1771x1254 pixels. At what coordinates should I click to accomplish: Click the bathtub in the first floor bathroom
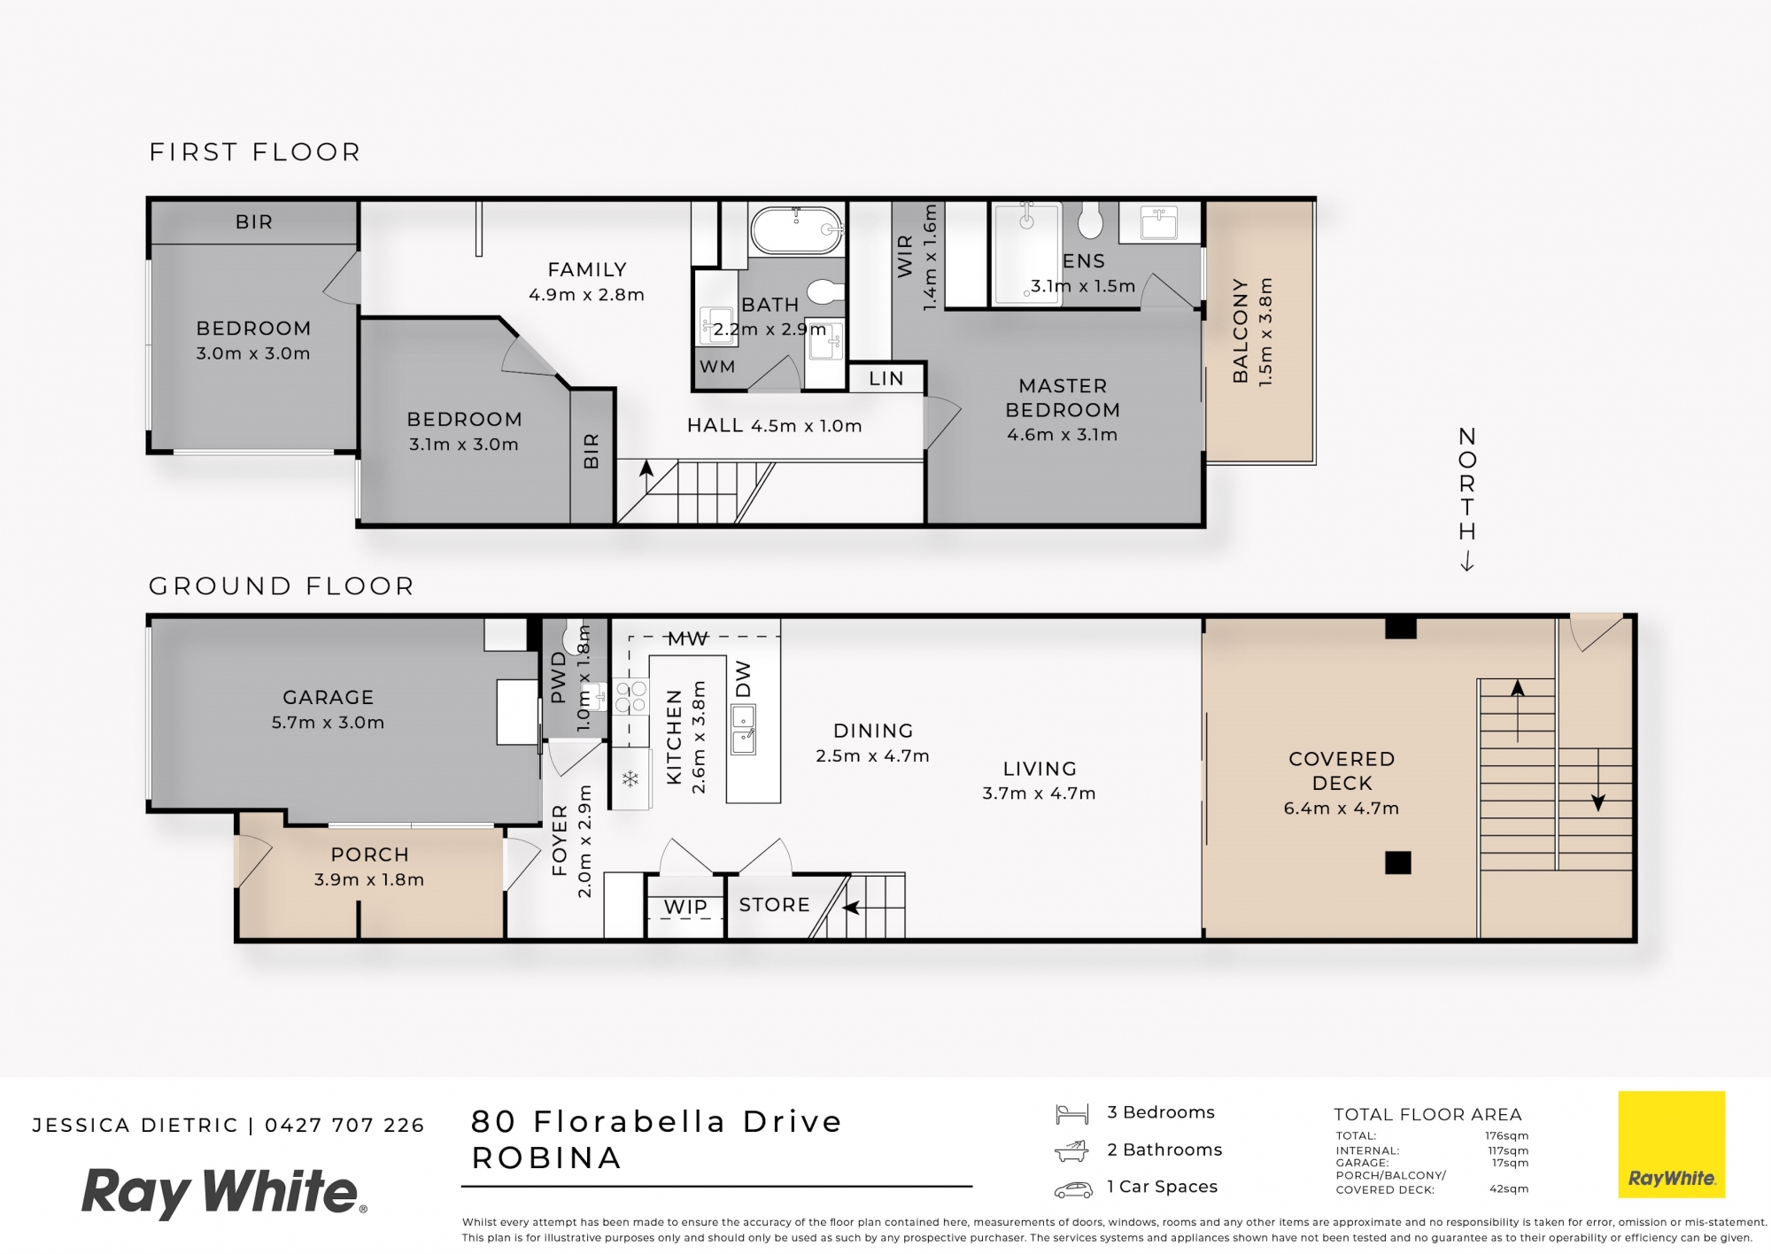pyautogui.click(x=796, y=231)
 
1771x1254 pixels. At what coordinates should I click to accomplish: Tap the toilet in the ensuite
pyautogui.click(x=1091, y=221)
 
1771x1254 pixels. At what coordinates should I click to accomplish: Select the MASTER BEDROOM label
pyautogui.click(x=1063, y=398)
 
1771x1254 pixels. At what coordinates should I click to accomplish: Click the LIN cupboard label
pyautogui.click(x=886, y=379)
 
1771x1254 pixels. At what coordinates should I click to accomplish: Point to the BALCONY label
pyautogui.click(x=1241, y=331)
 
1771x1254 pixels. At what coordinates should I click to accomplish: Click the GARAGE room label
pyautogui.click(x=328, y=698)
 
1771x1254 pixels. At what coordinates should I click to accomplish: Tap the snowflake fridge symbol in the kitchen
pyautogui.click(x=630, y=779)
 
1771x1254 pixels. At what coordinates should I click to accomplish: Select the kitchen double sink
pyautogui.click(x=743, y=729)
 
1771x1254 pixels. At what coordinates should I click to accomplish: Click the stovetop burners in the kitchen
pyautogui.click(x=631, y=696)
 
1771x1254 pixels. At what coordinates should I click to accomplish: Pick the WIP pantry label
pyautogui.click(x=686, y=907)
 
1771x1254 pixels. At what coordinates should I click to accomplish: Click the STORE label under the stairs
pyautogui.click(x=775, y=905)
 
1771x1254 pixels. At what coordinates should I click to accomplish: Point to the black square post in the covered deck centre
pyautogui.click(x=1397, y=863)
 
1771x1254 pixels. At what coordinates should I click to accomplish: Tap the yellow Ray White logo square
pyautogui.click(x=1672, y=1144)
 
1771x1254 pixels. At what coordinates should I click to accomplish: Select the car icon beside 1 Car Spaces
pyautogui.click(x=1073, y=1189)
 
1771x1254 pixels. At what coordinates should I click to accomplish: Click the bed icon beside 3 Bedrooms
pyautogui.click(x=1072, y=1114)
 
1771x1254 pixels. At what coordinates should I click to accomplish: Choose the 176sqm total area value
pyautogui.click(x=1506, y=1136)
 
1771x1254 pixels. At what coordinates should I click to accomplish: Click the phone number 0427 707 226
pyautogui.click(x=344, y=1126)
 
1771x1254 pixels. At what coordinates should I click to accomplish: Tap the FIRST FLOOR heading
pyautogui.click(x=255, y=152)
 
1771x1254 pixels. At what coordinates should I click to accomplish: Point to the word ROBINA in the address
pyautogui.click(x=546, y=1158)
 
